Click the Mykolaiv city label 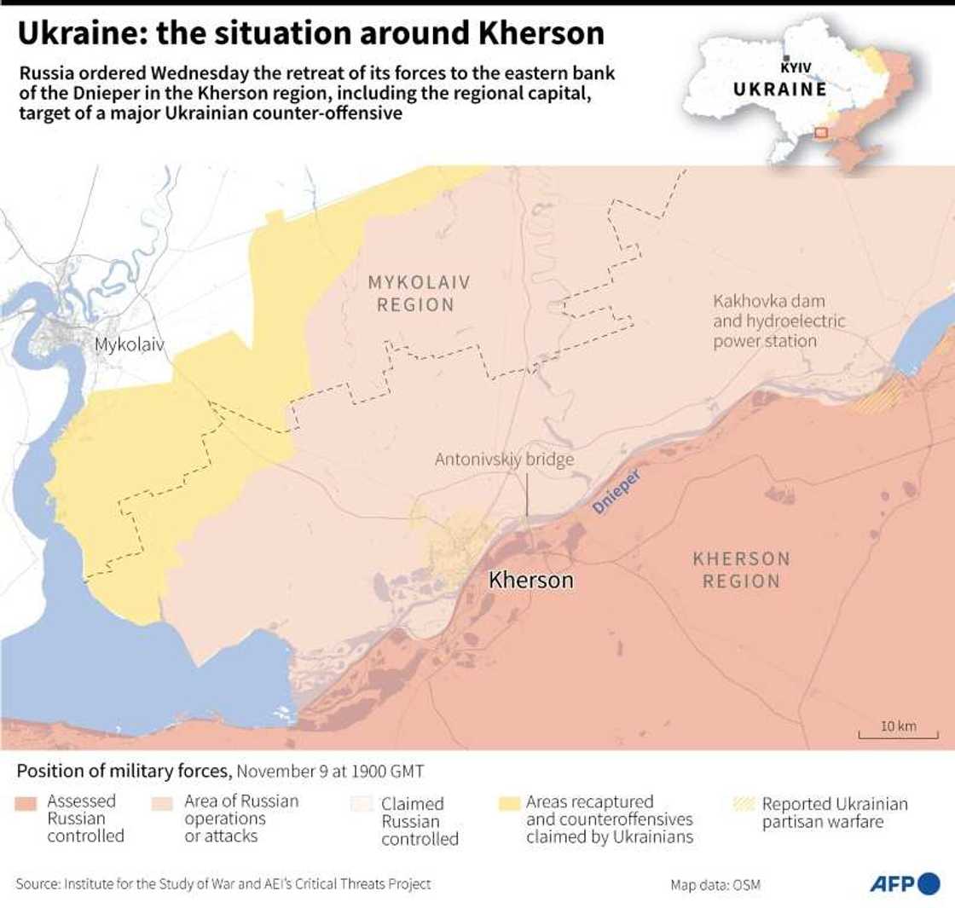(x=129, y=345)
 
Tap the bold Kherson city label (x=530, y=581)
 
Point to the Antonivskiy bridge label (x=504, y=460)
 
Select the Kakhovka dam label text (x=778, y=321)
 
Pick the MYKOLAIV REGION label (x=418, y=292)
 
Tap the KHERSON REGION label (x=741, y=570)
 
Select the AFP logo (x=904, y=884)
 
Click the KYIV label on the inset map (x=796, y=67)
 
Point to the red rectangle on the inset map (x=820, y=132)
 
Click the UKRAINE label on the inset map (x=779, y=90)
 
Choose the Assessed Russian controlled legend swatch (x=26, y=803)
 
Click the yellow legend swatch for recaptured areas (x=509, y=803)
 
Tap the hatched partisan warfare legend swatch (x=744, y=803)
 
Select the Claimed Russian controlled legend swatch (x=362, y=803)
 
